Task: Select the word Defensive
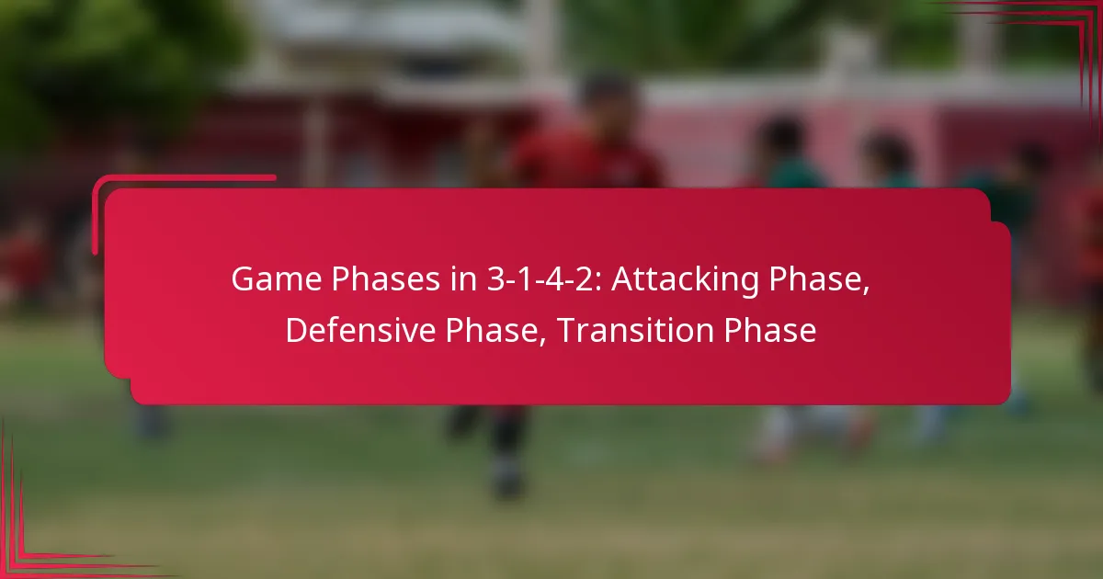pos(360,331)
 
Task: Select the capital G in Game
pos(242,279)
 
